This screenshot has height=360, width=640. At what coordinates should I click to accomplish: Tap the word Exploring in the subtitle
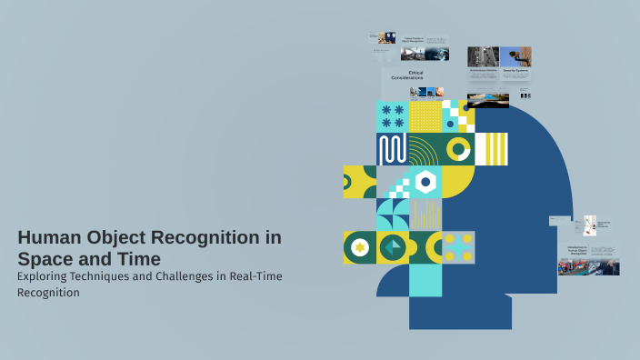[48, 275]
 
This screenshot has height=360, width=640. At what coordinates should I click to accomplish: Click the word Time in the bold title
[139, 258]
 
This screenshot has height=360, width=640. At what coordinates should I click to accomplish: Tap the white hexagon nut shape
[425, 182]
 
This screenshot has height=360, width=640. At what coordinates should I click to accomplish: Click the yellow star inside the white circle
[359, 247]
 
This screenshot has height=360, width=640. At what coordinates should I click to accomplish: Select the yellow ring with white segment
[458, 149]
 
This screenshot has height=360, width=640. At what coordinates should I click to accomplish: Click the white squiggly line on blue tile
[392, 149]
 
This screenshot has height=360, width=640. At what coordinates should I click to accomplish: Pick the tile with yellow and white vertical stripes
[491, 149]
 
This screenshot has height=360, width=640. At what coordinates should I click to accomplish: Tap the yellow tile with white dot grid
[425, 116]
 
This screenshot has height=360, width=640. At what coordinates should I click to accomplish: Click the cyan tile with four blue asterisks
[392, 116]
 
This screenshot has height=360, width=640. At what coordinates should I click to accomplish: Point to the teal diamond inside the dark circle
[392, 247]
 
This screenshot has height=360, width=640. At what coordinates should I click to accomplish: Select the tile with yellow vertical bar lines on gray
[425, 215]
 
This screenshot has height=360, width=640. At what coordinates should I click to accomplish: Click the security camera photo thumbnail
[515, 55]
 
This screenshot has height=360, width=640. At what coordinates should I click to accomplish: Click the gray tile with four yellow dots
[458, 247]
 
